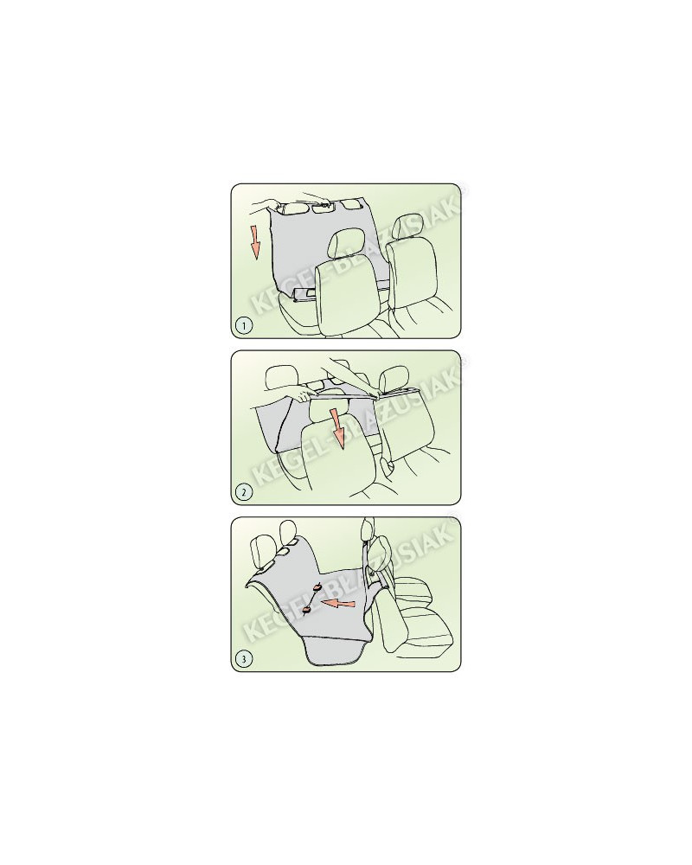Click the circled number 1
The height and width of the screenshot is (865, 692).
point(243,325)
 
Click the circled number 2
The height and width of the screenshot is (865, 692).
point(243,491)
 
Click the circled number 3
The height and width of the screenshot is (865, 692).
point(243,658)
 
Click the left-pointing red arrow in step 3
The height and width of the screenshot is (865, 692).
point(338,605)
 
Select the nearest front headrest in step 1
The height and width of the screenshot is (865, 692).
point(346,245)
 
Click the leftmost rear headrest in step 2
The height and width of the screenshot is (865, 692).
point(281,379)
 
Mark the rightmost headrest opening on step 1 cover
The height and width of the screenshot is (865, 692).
point(349,205)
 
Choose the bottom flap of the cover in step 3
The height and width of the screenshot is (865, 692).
point(335,652)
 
